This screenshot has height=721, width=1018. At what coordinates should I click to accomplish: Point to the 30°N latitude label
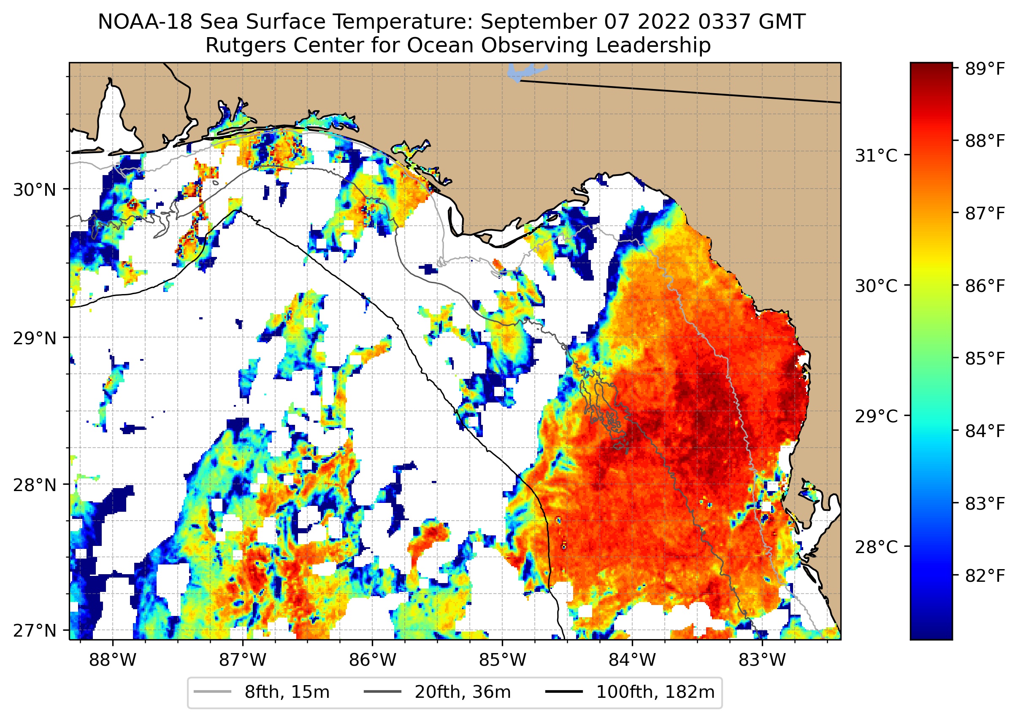click(x=35, y=190)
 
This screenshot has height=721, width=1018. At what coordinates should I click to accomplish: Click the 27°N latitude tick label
click(x=35, y=630)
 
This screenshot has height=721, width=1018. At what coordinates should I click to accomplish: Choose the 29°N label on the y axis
click(x=35, y=338)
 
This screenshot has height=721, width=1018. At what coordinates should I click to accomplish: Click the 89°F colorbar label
click(x=984, y=69)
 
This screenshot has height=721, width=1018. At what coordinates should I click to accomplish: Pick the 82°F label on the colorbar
click(x=984, y=576)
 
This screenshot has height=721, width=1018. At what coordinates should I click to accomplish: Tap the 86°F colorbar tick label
click(x=984, y=286)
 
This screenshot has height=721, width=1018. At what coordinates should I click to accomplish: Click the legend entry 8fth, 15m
click(x=287, y=692)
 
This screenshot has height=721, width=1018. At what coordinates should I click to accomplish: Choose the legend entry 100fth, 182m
click(x=655, y=692)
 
